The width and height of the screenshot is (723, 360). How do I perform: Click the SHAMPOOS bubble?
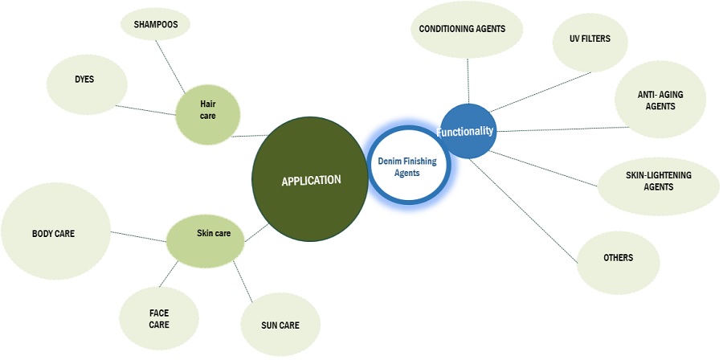pos(156,25)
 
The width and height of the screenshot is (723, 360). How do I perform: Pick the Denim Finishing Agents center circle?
pos(407,167)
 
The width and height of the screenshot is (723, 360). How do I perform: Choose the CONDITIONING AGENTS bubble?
pos(462,29)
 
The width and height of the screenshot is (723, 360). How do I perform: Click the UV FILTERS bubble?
pos(590,39)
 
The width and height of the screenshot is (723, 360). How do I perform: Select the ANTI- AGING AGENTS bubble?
pos(660,100)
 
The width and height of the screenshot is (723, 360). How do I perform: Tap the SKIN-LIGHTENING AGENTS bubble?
pos(658,181)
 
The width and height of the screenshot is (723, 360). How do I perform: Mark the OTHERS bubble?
pos(618,259)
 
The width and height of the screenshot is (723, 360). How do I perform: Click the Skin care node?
pos(213,235)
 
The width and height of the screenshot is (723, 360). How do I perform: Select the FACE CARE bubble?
pos(158,319)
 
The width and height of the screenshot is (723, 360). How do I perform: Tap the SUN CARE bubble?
pos(280,325)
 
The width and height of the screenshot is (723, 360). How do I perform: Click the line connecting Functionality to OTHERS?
pos(523,208)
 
